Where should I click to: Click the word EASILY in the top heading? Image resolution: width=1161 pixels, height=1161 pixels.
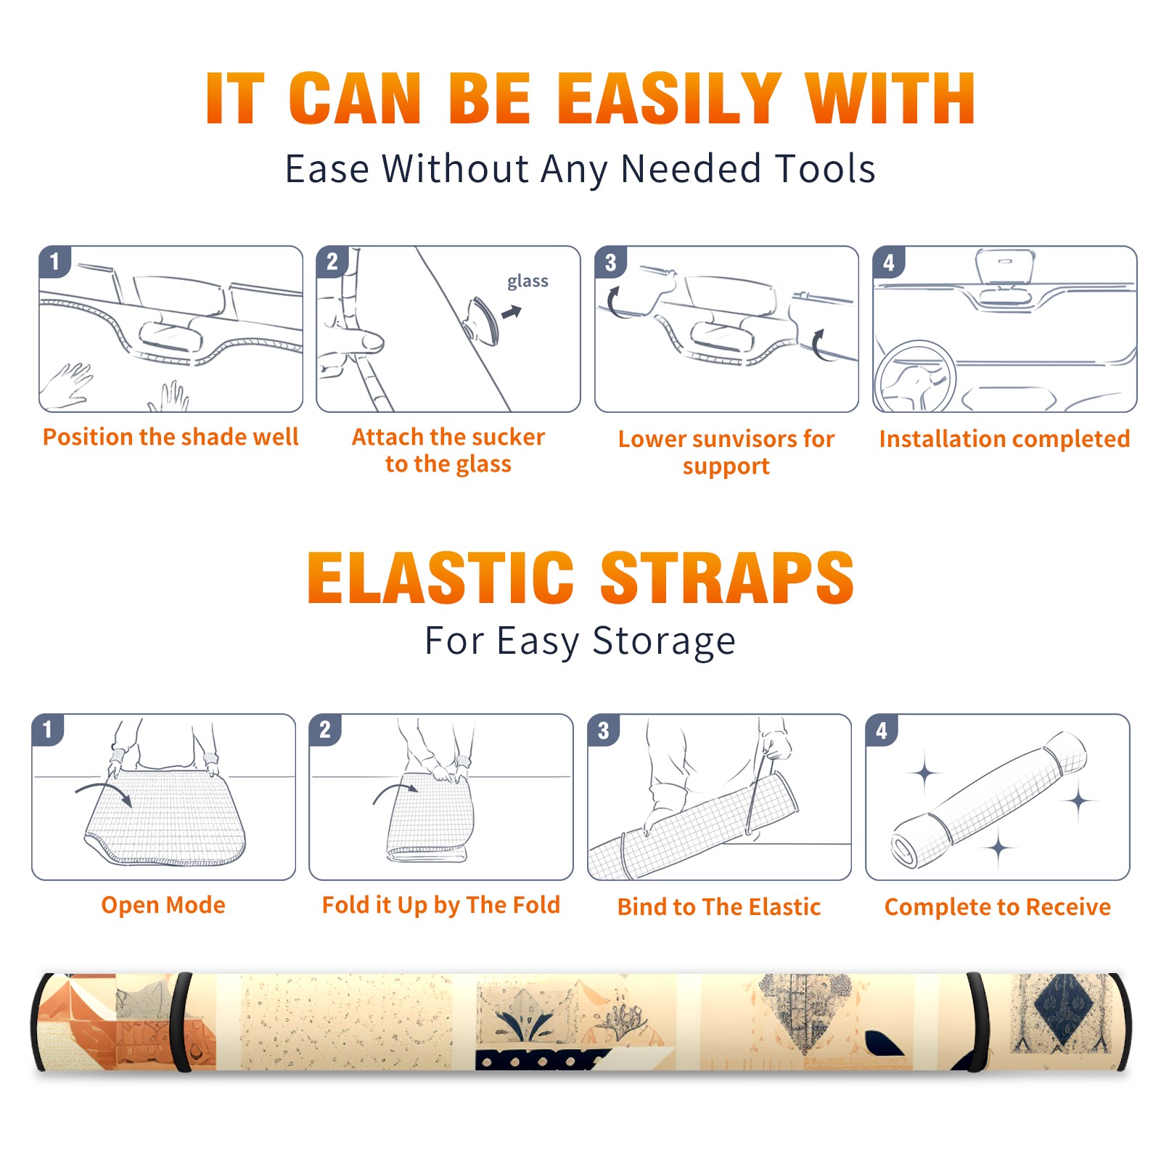670,99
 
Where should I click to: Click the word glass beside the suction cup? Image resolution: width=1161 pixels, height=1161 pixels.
528,282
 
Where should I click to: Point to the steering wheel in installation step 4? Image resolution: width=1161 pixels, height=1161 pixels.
914,376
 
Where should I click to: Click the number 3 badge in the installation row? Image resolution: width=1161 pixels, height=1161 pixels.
610,262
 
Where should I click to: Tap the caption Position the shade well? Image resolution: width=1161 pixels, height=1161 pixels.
171,437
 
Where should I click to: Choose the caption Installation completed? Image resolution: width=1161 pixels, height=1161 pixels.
1004,438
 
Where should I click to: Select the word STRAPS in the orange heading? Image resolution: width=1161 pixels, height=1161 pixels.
727,578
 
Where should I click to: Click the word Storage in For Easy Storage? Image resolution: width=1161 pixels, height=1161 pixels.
664,641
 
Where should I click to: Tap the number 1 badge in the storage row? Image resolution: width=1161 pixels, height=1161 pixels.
48,729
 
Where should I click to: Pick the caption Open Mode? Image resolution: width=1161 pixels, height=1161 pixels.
163,905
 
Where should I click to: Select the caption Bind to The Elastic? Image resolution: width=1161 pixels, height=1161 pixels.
719,907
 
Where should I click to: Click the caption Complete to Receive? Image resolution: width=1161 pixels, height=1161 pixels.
998,907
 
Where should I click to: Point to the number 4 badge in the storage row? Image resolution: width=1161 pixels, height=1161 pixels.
882,730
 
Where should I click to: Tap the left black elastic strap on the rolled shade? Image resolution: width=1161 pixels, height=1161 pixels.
181,1022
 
